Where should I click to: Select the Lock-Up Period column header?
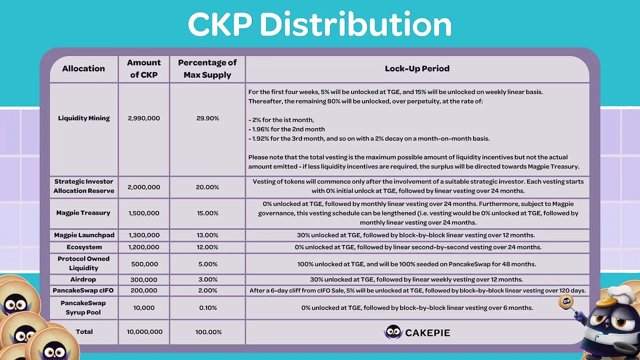click(x=417, y=69)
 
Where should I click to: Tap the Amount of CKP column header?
click(x=144, y=69)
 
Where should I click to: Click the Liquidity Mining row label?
click(x=84, y=118)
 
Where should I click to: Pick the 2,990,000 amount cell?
click(x=144, y=118)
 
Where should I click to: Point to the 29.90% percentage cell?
click(x=208, y=118)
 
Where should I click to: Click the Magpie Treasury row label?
click(x=83, y=213)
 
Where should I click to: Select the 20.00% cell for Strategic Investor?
click(x=208, y=187)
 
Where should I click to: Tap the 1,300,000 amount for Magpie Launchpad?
click(x=144, y=235)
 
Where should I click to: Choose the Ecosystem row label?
click(x=84, y=247)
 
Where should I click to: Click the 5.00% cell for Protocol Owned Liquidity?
click(x=208, y=264)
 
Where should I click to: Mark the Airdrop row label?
click(x=83, y=280)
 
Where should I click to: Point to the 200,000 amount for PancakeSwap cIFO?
click(x=144, y=291)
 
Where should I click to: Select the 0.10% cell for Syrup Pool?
click(x=208, y=308)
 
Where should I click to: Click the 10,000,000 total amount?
click(x=144, y=332)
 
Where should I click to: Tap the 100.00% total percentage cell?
click(x=208, y=332)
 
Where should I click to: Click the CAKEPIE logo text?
click(x=427, y=333)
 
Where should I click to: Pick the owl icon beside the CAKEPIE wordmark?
click(x=393, y=332)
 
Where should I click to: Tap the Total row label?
click(x=84, y=332)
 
